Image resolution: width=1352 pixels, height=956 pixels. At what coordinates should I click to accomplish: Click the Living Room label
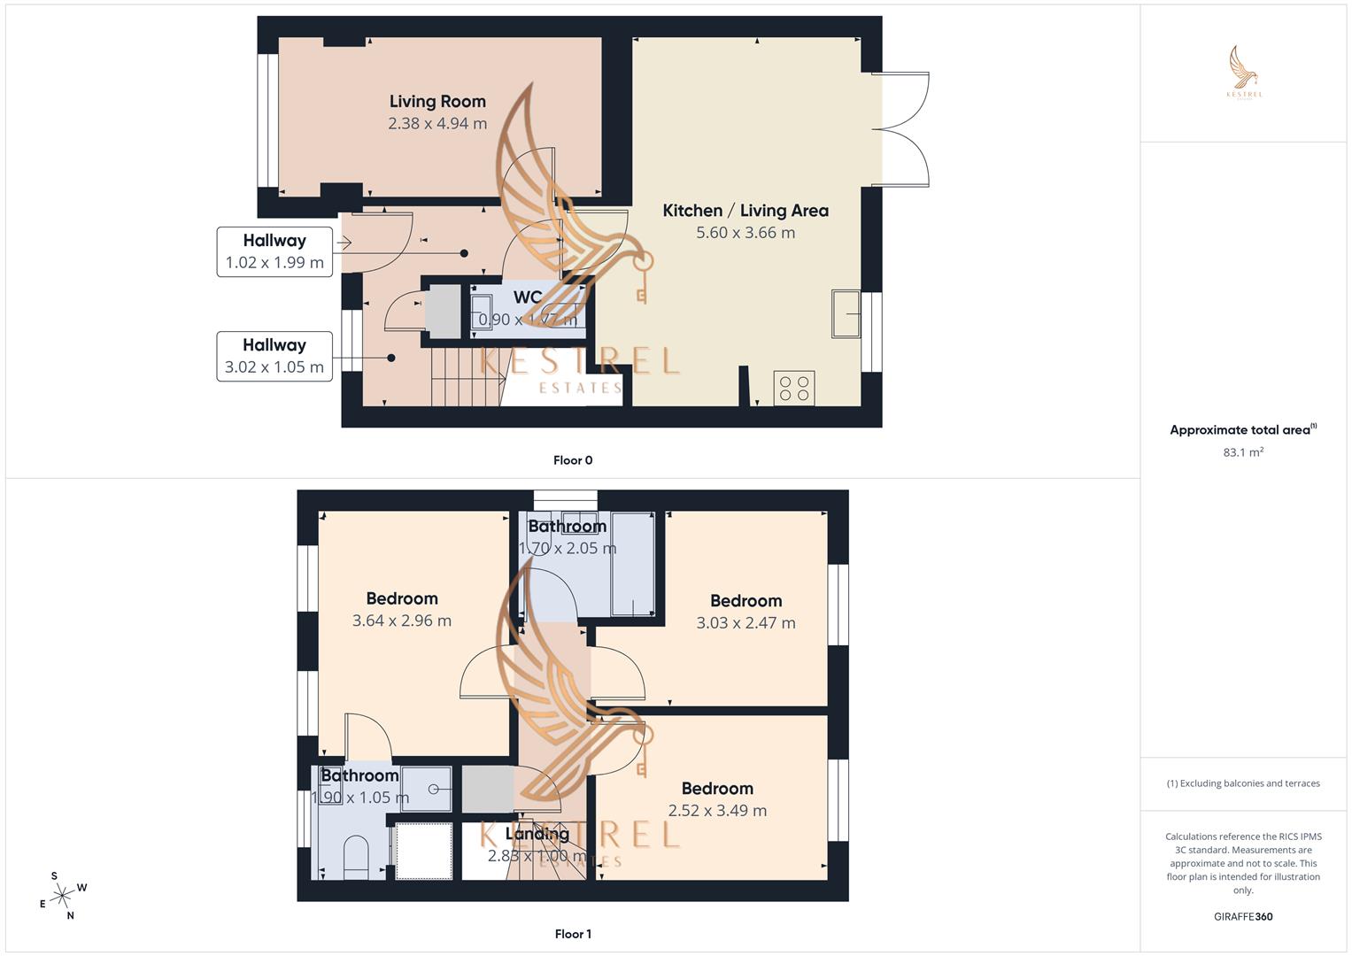click(x=437, y=102)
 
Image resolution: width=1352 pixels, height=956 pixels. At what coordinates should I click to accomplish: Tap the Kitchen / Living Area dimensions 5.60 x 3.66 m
click(x=746, y=233)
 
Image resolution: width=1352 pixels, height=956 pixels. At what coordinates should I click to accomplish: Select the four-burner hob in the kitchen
click(x=793, y=389)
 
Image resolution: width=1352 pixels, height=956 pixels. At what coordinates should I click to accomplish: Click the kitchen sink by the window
click(x=846, y=313)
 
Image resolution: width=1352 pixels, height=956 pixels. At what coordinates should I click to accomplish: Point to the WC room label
click(x=528, y=297)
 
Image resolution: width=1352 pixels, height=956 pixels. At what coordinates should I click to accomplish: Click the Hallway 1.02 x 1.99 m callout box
click(x=274, y=251)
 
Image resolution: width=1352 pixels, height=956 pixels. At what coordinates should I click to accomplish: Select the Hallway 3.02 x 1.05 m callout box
click(x=274, y=356)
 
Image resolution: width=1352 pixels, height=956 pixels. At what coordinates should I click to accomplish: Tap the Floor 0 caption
click(x=573, y=460)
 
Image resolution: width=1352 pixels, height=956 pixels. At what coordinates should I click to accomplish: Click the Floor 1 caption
click(x=573, y=934)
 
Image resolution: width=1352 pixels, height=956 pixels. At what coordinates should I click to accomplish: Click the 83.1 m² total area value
click(x=1243, y=452)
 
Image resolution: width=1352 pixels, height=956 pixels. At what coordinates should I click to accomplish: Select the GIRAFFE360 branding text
click(x=1243, y=917)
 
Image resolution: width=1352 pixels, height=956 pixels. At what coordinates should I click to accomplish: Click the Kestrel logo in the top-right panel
click(x=1244, y=73)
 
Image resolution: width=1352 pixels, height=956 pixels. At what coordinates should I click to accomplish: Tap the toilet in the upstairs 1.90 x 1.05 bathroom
click(x=355, y=856)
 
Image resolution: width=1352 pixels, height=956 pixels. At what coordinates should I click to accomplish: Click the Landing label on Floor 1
click(x=537, y=834)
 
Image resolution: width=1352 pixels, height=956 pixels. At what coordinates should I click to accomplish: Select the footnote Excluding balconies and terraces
click(x=1243, y=783)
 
